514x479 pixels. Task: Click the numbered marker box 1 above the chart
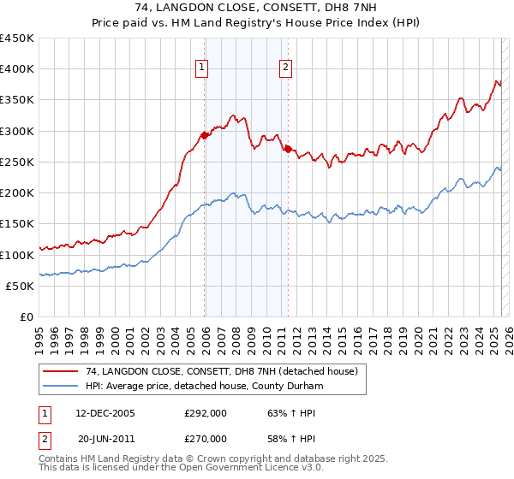pyautogui.click(x=201, y=68)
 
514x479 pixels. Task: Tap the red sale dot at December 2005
pyautogui.click(x=205, y=135)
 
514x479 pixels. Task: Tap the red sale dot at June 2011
pyautogui.click(x=288, y=149)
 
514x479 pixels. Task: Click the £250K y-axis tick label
pyautogui.click(x=17, y=162)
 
